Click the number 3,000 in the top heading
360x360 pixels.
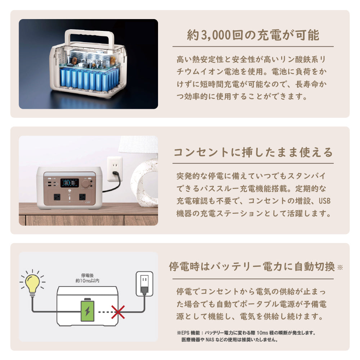[216, 35]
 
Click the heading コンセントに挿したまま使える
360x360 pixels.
[253, 152]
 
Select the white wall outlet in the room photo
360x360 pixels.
[115, 169]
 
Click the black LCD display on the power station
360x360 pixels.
[70, 183]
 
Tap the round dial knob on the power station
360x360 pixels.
[85, 184]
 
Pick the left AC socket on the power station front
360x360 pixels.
[57, 197]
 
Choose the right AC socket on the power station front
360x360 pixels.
[82, 197]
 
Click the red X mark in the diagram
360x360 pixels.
[118, 312]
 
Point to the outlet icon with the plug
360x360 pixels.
[144, 284]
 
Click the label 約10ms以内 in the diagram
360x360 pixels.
[87, 281]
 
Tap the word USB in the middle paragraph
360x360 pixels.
[324, 201]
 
